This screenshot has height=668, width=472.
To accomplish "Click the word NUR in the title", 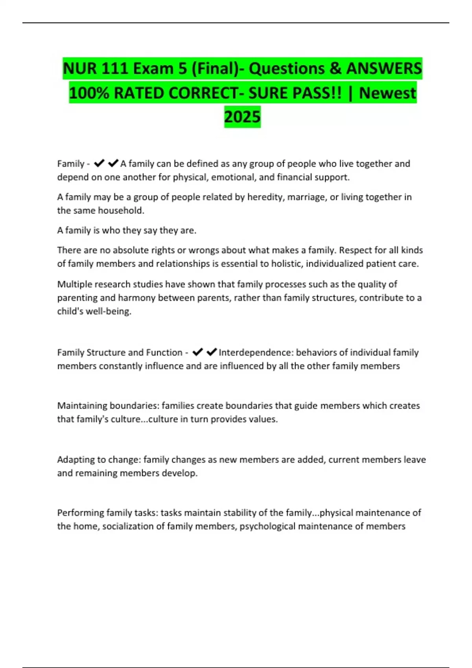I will pyautogui.click(x=80, y=69).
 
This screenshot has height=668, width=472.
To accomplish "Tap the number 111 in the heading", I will pyautogui.click(x=115, y=69).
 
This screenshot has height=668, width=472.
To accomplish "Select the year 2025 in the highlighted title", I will pyautogui.click(x=242, y=117).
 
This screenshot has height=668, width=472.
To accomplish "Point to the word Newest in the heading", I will pyautogui.click(x=387, y=93).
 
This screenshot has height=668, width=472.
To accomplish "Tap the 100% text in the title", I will pyautogui.click(x=89, y=93).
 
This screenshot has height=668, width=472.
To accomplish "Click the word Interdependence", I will pyautogui.click(x=256, y=352).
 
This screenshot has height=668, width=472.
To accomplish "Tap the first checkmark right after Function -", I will pyautogui.click(x=197, y=352).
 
